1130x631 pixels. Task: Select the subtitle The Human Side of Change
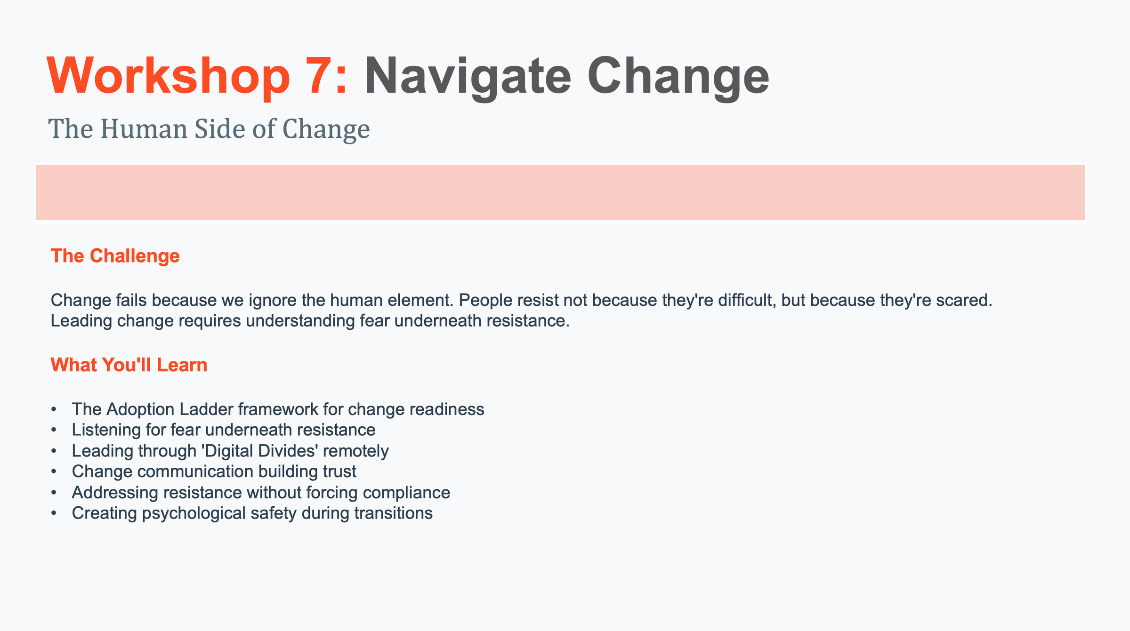pyautogui.click(x=209, y=129)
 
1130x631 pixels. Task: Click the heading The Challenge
pyautogui.click(x=115, y=256)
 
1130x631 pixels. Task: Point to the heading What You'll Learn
pyautogui.click(x=129, y=365)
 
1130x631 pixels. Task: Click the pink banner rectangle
pyautogui.click(x=560, y=192)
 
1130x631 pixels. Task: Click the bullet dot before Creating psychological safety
pyautogui.click(x=54, y=513)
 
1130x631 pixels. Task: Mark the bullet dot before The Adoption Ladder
pyautogui.click(x=54, y=410)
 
